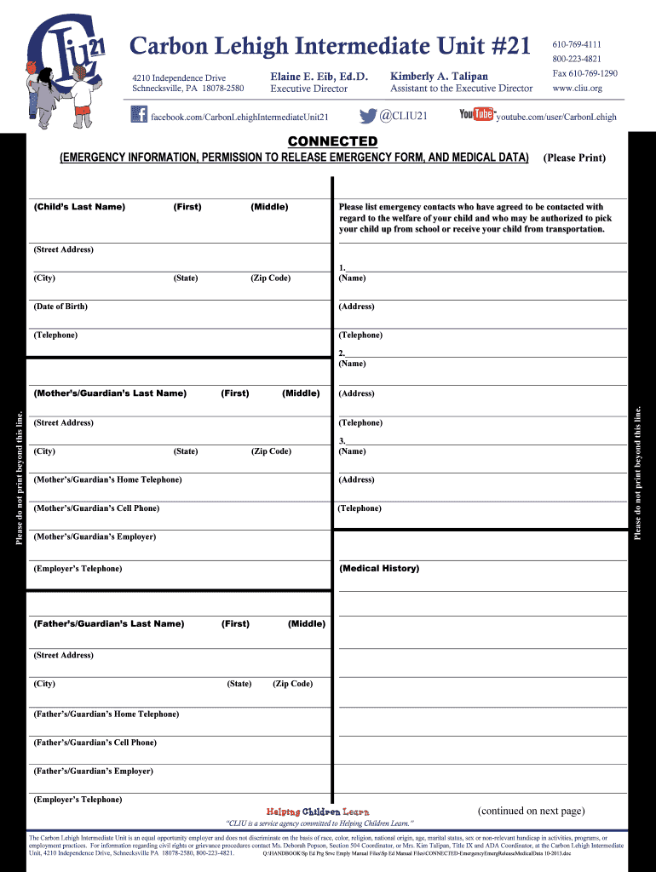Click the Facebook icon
[x=139, y=115]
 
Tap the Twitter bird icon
[x=368, y=116]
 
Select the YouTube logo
[x=476, y=114]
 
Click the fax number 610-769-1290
[x=584, y=73]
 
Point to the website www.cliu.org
[x=577, y=88]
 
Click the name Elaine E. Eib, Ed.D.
[x=319, y=76]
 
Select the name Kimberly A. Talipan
[x=439, y=76]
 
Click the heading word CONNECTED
[x=332, y=141]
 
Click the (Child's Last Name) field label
[x=79, y=207]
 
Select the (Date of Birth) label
[x=60, y=307]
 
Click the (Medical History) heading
[x=379, y=568]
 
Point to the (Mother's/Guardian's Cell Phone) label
[x=96, y=508]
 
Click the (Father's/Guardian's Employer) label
[x=94, y=771]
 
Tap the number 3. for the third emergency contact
[x=342, y=440]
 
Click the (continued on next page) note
[x=531, y=811]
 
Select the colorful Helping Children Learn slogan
[x=318, y=812]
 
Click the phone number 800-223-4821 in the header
[x=576, y=59]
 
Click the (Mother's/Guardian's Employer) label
[x=95, y=536]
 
